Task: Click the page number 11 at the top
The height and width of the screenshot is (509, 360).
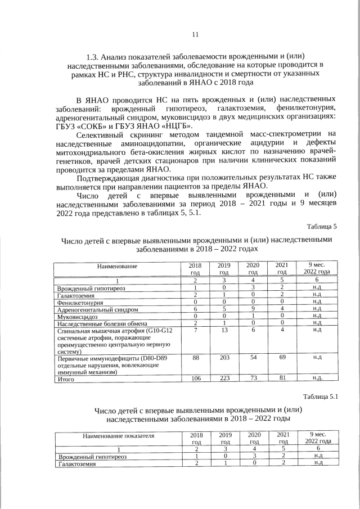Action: pyautogui.click(x=196, y=34)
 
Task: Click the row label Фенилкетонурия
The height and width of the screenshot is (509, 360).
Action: pyautogui.click(x=80, y=302)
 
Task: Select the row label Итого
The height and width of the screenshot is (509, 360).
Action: pyautogui.click(x=66, y=379)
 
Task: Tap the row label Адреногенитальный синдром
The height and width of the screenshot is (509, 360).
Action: pyautogui.click(x=98, y=309)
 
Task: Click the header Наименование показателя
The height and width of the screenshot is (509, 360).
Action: pyautogui.click(x=118, y=435)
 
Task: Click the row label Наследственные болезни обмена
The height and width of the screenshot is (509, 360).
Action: pyautogui.click(x=102, y=324)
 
